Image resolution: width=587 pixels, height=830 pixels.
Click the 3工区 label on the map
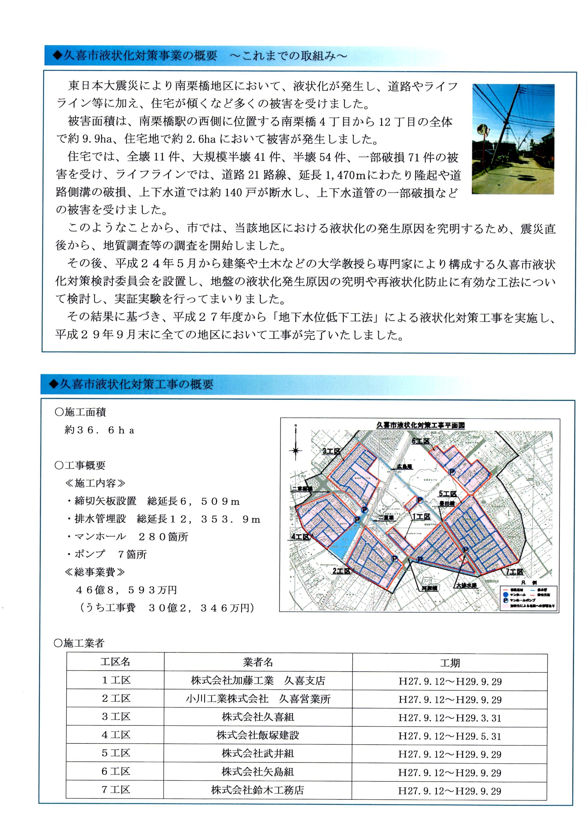[332, 451]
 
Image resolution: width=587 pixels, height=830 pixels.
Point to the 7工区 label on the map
[514, 572]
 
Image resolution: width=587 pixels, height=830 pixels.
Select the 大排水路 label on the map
[466, 585]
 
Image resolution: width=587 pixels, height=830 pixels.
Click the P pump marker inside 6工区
[451, 472]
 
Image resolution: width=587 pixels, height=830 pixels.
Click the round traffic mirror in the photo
[481, 130]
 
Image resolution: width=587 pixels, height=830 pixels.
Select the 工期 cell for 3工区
[450, 718]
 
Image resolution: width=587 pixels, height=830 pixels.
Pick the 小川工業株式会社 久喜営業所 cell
[258, 699]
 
